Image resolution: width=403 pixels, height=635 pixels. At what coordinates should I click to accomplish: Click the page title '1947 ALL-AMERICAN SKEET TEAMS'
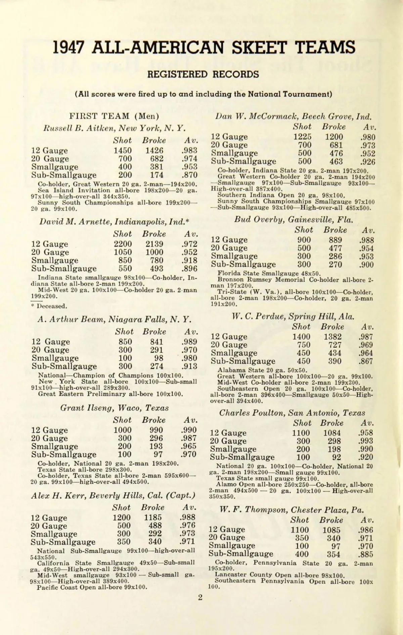(204, 47)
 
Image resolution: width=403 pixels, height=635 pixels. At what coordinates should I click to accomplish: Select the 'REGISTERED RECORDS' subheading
(203, 74)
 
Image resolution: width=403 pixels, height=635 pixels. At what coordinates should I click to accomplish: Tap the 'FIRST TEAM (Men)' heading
(114, 116)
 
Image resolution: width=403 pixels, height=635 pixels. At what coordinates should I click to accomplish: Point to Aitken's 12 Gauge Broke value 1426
(154, 150)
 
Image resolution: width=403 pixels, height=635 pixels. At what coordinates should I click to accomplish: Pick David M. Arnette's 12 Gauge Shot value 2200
(123, 244)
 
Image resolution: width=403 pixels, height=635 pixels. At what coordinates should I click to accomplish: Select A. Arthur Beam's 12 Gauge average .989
(189, 342)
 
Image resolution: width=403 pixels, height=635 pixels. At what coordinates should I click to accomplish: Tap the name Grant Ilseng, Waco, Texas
(114, 408)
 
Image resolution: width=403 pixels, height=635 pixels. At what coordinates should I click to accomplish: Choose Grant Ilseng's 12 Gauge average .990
(188, 430)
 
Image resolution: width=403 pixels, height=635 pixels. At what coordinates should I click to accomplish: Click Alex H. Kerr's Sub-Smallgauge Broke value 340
(155, 542)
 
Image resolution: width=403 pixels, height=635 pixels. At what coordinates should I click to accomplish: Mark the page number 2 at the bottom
(200, 597)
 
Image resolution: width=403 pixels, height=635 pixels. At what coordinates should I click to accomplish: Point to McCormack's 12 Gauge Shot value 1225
(302, 137)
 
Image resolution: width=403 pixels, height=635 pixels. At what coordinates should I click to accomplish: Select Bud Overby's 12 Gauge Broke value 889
(335, 240)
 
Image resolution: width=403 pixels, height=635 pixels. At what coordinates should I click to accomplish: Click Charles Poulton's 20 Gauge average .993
(365, 441)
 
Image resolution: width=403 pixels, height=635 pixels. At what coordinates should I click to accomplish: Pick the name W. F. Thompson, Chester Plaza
(292, 510)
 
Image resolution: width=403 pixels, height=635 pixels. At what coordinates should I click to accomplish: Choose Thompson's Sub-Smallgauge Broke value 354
(333, 554)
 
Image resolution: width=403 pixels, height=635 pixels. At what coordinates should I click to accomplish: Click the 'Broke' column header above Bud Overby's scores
(335, 230)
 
